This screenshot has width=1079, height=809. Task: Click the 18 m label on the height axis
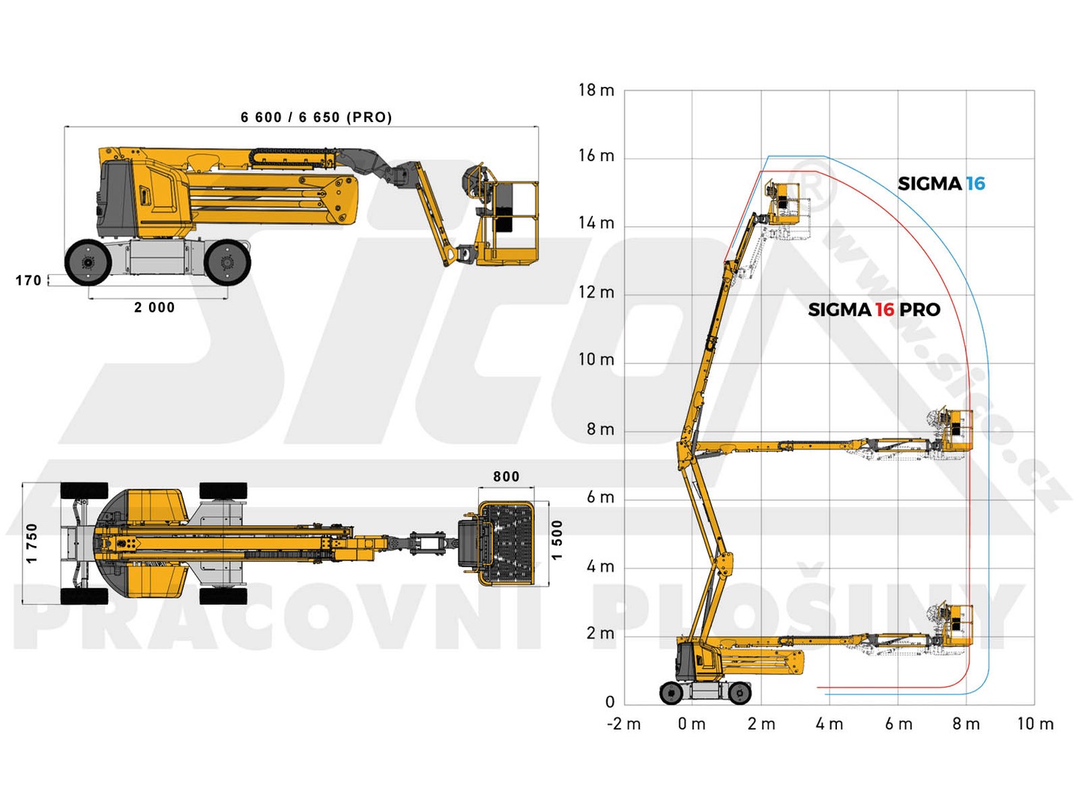pos(596,91)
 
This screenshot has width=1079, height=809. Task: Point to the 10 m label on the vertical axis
pos(596,360)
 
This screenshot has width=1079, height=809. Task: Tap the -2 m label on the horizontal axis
pos(624,724)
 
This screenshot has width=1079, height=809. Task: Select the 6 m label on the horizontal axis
pos(898,724)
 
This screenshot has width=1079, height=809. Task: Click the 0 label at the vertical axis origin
pos(609,702)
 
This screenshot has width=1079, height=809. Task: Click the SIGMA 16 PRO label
pos(874,310)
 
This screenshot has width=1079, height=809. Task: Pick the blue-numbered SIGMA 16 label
pos(941,184)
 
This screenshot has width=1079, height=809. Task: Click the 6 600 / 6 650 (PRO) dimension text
pos(316,118)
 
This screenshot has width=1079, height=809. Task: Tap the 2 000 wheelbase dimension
pos(154,307)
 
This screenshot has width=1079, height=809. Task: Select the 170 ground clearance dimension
pos(28,280)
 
